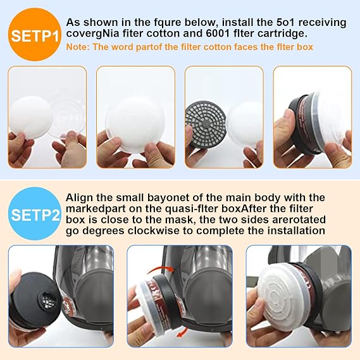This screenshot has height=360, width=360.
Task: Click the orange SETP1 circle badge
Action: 34,35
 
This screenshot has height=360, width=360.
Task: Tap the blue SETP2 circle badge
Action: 34,214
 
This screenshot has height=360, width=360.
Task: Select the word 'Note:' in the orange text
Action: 78,47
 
